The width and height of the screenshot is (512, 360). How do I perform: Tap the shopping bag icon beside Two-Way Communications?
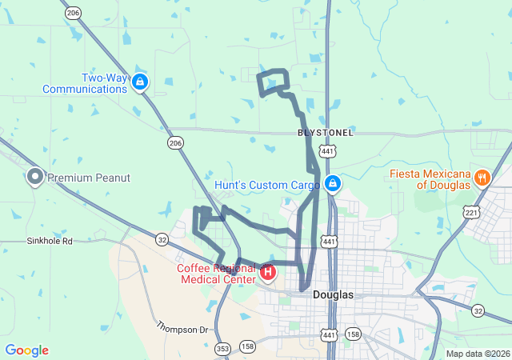point(140,81)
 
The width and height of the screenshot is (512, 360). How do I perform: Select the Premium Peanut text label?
point(88,177)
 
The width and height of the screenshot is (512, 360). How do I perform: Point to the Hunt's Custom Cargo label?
point(266,186)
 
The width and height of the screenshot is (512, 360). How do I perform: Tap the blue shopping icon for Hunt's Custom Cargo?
point(333,185)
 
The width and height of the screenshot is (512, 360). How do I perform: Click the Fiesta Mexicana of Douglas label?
point(430,178)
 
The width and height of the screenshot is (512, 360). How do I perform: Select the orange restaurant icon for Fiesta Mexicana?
point(482,177)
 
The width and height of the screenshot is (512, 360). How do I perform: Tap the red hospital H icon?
point(268,273)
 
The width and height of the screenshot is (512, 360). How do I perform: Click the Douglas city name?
point(333,294)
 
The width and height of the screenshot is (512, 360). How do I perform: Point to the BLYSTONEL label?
point(325,132)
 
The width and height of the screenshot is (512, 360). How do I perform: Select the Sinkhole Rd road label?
point(50,240)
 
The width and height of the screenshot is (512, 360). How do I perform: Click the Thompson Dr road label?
point(182,328)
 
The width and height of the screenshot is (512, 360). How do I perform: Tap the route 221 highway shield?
point(472,213)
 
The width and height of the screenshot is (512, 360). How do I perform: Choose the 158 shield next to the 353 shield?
point(247,347)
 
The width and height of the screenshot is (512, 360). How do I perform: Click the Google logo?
point(26,350)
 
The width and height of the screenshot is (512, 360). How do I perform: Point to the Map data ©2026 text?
point(477,354)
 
